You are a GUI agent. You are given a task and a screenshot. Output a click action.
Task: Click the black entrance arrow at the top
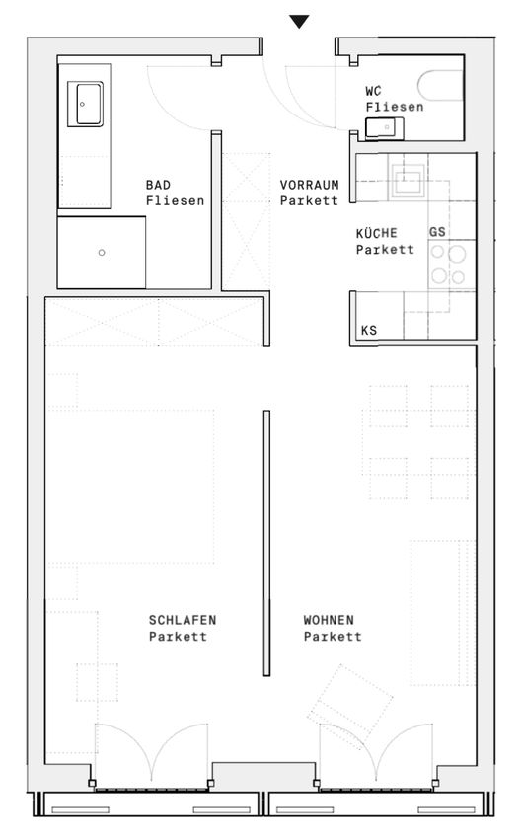coord(299,22)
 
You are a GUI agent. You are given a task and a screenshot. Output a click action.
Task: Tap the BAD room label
coord(158,186)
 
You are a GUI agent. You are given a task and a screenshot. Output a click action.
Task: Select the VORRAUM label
coord(309,186)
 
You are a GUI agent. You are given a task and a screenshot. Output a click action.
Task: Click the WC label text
coord(373,91)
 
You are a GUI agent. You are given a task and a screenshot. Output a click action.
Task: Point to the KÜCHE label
coord(377,233)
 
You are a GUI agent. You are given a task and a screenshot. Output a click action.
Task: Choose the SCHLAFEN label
coord(183,620)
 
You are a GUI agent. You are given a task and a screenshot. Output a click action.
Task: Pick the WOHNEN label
coord(329,620)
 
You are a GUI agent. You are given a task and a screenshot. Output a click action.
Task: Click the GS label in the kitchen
coord(437,232)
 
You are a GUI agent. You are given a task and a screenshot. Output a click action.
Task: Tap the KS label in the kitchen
coord(369,330)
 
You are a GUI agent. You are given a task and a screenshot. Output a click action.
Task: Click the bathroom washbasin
coord(85,104)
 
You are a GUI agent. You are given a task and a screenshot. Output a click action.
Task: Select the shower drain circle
coord(102,252)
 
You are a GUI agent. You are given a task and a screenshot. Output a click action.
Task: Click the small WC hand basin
coord(384,128)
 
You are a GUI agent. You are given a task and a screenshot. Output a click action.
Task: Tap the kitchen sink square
coord(410,176)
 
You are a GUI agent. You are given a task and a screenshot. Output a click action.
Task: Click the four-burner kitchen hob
coord(448,265)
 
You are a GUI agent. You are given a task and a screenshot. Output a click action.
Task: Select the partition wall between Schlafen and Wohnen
coord(266,543)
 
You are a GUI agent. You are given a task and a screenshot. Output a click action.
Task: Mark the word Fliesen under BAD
coord(176,201)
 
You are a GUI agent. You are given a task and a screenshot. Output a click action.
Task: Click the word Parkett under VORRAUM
coord(309,201)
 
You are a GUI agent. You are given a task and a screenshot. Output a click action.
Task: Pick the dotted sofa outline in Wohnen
coord(443,613)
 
